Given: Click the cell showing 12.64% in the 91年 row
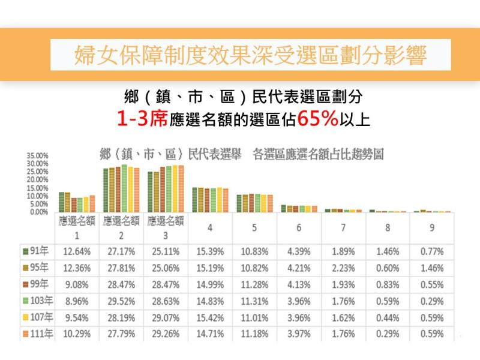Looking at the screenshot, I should [x=77, y=251].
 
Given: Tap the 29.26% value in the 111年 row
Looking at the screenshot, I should [x=165, y=334].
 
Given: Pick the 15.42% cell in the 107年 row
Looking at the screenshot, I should [x=209, y=317].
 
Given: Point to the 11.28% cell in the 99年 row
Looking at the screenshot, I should [x=254, y=284].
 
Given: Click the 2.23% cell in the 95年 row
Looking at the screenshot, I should [x=344, y=268].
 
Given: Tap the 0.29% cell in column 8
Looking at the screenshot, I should [x=388, y=334].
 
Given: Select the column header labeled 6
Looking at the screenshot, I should [x=299, y=228].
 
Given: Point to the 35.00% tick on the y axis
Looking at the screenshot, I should [x=38, y=156].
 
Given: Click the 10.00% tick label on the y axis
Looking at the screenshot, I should [x=38, y=196].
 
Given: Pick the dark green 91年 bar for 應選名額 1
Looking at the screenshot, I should [x=61, y=202].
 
